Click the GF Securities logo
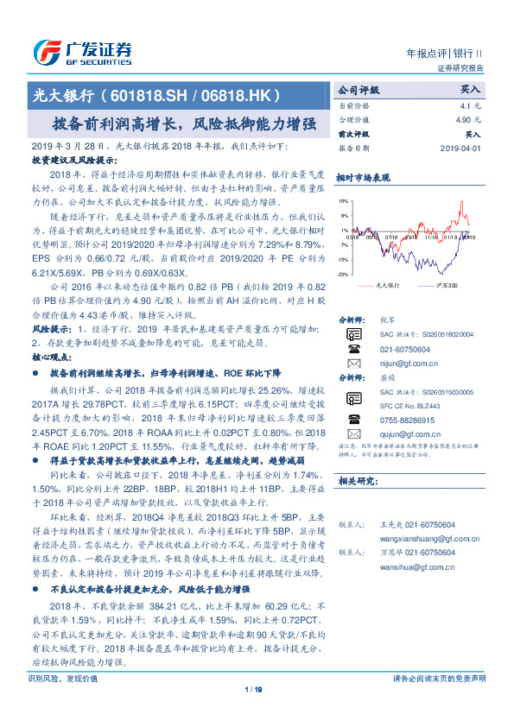82,52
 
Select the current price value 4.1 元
467,105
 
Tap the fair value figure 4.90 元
466,120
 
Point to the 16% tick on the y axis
344,200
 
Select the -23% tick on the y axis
343,274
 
